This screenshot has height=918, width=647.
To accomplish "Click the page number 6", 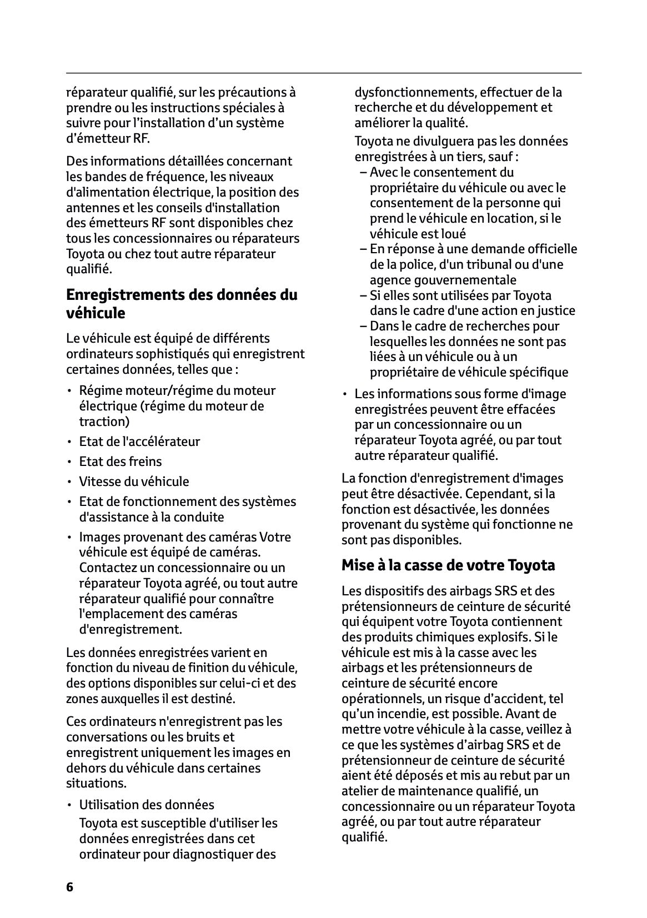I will coord(69,887).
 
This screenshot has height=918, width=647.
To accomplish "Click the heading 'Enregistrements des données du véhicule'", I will coord(182,304).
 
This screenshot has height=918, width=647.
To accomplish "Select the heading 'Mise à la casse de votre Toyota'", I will coord(448,565).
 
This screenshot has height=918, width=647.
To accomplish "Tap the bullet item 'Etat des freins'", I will coord(121,461).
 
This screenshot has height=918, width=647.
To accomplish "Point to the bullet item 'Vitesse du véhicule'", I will coord(134,481).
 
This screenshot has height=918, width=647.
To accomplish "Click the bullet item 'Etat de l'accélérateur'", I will coord(139,442).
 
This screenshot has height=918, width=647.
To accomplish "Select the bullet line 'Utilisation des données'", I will coord(147,805).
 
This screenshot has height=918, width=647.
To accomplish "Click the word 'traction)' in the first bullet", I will coord(104,422).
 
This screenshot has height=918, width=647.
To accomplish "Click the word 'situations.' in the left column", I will coord(96,784).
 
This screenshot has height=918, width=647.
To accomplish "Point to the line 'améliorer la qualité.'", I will coord(412,123).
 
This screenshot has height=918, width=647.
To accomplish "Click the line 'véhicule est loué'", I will coord(418,234).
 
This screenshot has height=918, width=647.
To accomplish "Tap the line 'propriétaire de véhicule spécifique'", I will coord(469,372).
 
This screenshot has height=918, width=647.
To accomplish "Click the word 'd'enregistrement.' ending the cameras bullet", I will coord(131,630).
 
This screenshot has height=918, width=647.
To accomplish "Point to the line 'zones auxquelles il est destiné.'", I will coord(151,699).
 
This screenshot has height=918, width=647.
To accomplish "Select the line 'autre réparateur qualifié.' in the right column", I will coord(426,456).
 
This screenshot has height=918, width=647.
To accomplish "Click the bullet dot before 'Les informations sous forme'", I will coord(345,394).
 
